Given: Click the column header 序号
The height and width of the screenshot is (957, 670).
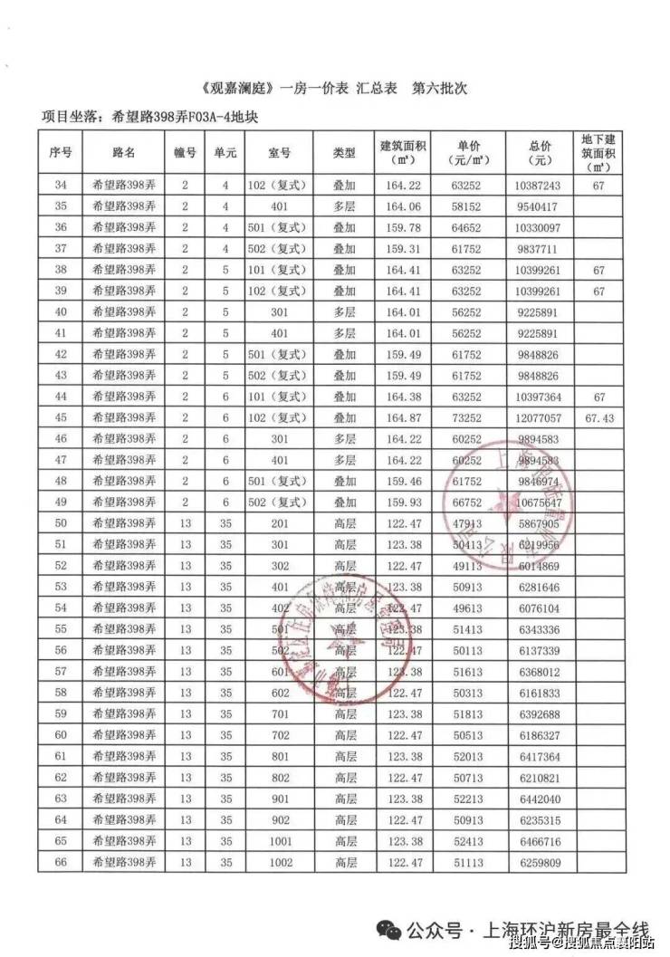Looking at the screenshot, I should pyautogui.click(x=61, y=153).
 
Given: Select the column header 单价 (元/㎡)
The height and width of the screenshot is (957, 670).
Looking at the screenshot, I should pyautogui.click(x=468, y=153).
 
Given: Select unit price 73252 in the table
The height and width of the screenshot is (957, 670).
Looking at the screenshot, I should pyautogui.click(x=468, y=418).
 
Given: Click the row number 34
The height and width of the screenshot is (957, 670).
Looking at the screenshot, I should pyautogui.click(x=61, y=186).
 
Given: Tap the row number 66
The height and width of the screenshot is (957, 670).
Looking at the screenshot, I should pyautogui.click(x=61, y=863).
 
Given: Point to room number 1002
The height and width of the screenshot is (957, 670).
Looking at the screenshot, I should pyautogui.click(x=281, y=863).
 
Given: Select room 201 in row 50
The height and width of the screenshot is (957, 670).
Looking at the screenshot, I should pyautogui.click(x=281, y=524).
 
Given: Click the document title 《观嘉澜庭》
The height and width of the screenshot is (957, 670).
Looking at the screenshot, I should pyautogui.click(x=237, y=91).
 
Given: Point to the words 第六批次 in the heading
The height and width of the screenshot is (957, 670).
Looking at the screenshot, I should pyautogui.click(x=442, y=91).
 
